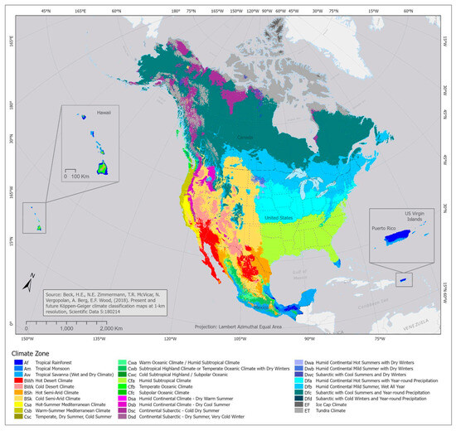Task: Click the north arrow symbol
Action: (x=31, y=281)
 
